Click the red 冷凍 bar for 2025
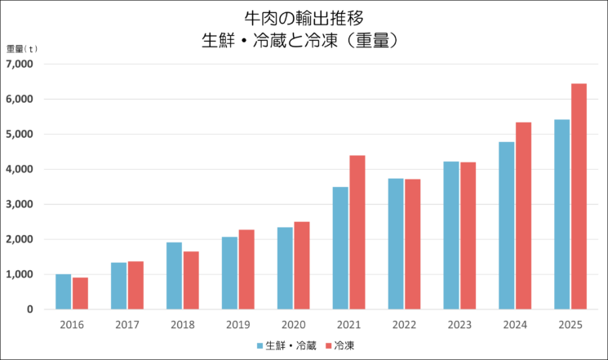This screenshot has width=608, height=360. [x=578, y=196]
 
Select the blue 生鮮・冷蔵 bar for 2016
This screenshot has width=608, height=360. [x=63, y=291]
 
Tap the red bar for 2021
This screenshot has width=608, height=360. [x=357, y=232]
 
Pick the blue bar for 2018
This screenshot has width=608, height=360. [x=174, y=276]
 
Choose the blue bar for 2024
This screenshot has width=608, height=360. [x=506, y=225]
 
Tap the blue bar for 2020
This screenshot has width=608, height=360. [x=285, y=268]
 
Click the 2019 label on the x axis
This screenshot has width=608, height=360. [x=237, y=324]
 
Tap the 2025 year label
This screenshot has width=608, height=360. [x=570, y=324]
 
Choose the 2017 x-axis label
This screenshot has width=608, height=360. [x=126, y=324]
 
